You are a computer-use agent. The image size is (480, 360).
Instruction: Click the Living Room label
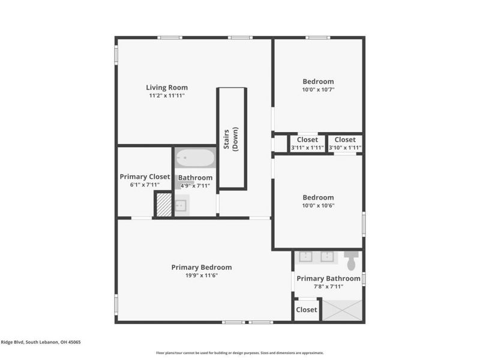coord(167,88)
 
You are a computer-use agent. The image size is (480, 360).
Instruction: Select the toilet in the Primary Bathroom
coord(352,260)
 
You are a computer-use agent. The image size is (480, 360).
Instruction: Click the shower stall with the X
coord(343,310)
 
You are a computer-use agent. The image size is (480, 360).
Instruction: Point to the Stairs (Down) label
coord(232,139)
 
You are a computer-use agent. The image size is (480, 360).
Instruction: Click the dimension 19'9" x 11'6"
coord(201,276)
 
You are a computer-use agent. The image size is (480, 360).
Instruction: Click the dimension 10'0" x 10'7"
coord(318,89)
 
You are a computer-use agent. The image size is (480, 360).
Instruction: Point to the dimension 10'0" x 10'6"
coord(318,205)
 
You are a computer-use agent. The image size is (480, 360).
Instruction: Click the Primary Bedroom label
coord(201,268)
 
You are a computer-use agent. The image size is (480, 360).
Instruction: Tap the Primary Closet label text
coord(145,177)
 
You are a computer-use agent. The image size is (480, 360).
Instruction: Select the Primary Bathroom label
coord(328,278)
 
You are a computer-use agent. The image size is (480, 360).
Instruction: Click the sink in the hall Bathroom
coord(181,205)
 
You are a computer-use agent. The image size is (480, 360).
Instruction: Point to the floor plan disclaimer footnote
coord(240,353)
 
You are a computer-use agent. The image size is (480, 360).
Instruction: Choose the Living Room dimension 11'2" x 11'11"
coord(167,95)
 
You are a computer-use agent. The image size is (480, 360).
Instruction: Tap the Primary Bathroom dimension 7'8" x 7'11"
coord(328,286)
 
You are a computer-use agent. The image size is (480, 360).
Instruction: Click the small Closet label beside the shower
coord(306,310)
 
